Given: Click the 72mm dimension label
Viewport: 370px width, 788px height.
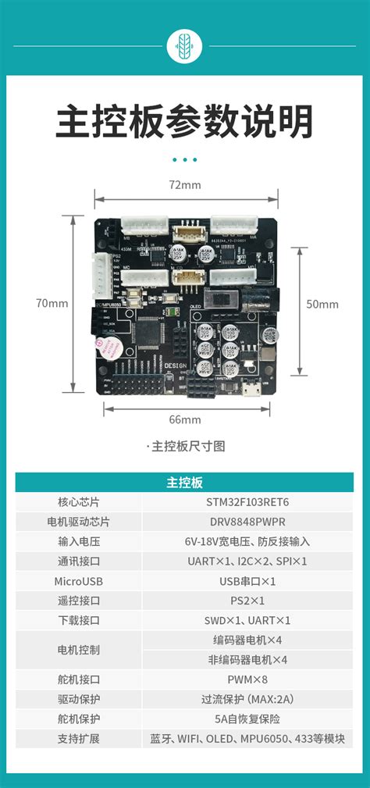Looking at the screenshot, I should pos(185,185).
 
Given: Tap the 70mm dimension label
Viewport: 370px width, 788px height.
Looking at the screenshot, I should pos(52,303).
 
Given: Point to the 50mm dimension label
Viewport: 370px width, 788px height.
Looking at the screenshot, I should pos(322,304).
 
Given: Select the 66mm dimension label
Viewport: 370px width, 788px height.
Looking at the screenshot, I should pos(185,419).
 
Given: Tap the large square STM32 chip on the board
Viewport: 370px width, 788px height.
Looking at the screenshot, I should pos(153,337).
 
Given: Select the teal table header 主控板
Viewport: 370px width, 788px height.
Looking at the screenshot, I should pos(185,483).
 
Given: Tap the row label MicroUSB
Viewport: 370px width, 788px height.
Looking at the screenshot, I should pos(78,581).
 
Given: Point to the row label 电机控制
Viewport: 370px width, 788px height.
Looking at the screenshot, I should pos(78,650).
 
